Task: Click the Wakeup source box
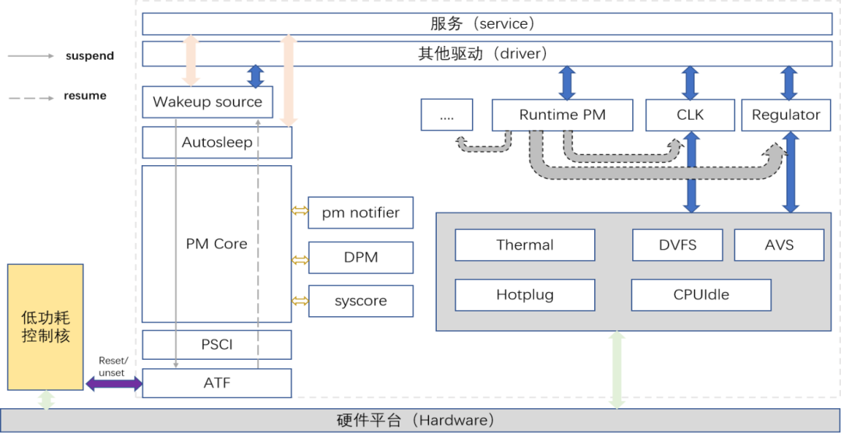click(207, 102)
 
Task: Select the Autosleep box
click(216, 143)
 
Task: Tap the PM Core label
click(216, 244)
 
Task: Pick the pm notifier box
click(361, 213)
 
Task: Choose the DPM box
click(361, 257)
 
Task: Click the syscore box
click(361, 301)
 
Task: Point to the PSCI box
click(216, 344)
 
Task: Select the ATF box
click(216, 383)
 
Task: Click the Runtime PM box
click(562, 115)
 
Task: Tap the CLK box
click(690, 115)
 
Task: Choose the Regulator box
click(785, 115)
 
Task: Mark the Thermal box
click(525, 245)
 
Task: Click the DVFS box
click(677, 245)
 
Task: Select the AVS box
click(779, 245)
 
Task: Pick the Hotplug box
click(525, 295)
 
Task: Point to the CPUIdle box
click(701, 295)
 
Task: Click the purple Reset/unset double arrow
click(114, 383)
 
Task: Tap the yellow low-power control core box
click(45, 327)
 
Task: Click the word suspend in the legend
click(90, 56)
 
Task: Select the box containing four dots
click(446, 115)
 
